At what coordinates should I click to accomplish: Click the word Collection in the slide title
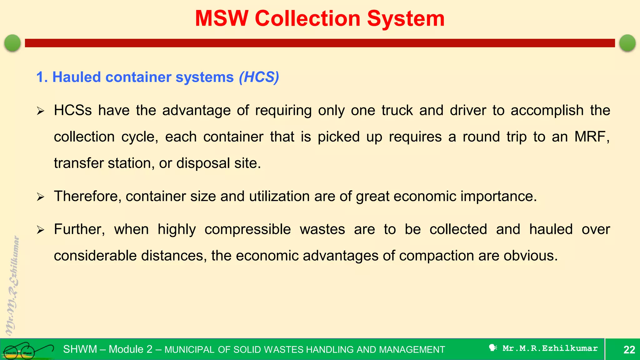click(x=307, y=19)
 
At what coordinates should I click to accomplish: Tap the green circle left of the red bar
click(x=12, y=43)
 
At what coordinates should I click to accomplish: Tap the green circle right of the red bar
click(x=627, y=43)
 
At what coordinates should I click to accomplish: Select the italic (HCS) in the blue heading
click(x=259, y=77)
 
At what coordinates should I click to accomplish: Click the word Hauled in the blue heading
click(x=77, y=77)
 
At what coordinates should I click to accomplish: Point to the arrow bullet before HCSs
click(x=41, y=111)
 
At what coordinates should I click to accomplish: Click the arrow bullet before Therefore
click(x=41, y=197)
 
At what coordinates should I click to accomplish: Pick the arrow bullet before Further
click(x=41, y=230)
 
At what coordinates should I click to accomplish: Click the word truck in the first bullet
click(x=397, y=111)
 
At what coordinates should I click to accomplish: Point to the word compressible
click(x=247, y=230)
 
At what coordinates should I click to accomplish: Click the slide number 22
click(x=629, y=350)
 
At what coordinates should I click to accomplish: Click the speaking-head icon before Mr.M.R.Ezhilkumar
click(x=493, y=348)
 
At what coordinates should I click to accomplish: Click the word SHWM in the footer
click(x=80, y=349)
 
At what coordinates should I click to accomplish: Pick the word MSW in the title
click(x=222, y=19)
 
